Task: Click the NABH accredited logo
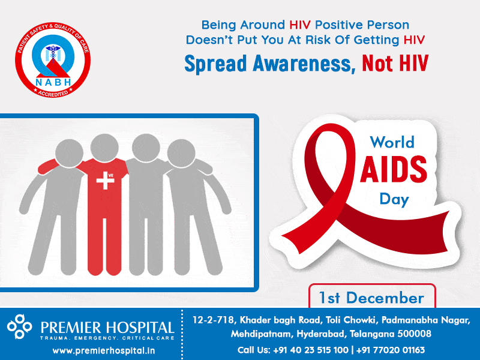click(x=53, y=59)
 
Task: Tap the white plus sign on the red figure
click(x=104, y=181)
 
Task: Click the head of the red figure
click(x=104, y=148)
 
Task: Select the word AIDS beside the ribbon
click(x=394, y=169)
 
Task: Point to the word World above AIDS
click(x=392, y=142)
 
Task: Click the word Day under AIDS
click(x=394, y=200)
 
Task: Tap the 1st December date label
click(x=371, y=298)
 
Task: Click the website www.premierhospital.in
click(x=104, y=350)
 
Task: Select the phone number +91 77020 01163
click(x=391, y=350)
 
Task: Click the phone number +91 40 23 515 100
click(x=310, y=350)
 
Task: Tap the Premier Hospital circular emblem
click(x=19, y=326)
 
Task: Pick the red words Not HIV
click(x=395, y=63)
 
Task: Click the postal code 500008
click(x=414, y=334)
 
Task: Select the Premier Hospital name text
click(x=107, y=328)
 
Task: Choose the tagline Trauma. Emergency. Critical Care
click(x=107, y=338)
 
